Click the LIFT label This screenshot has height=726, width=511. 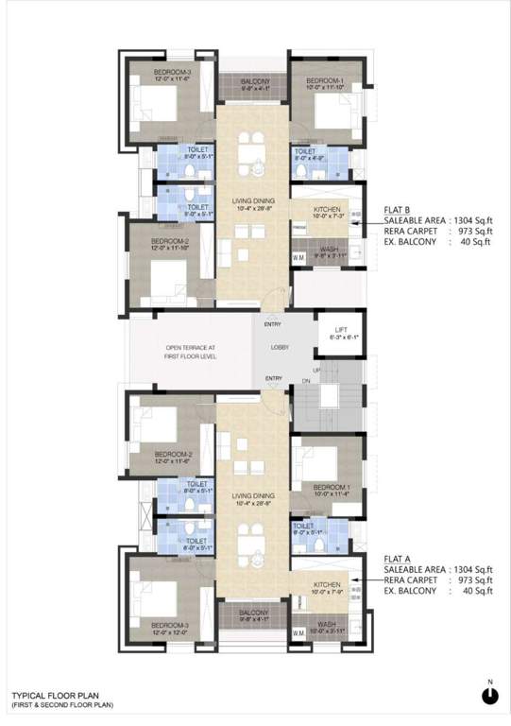328,329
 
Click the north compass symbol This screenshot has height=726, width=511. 488,696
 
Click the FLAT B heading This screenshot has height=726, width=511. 396,209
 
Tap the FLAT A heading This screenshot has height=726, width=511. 396,559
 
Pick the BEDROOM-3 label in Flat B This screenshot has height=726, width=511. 147,73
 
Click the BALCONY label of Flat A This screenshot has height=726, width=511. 252,613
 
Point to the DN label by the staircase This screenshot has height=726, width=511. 305,381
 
